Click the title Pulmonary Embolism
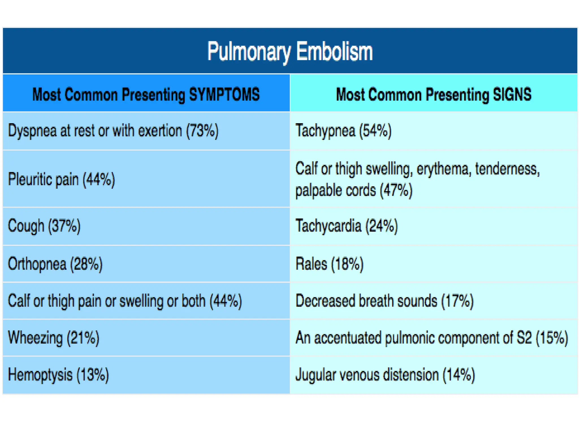coord(290,51)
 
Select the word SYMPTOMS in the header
coord(224,94)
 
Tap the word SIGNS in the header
coord(512,94)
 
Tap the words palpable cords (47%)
coord(354,190)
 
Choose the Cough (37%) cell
coord(44,226)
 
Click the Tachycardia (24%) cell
coord(347,226)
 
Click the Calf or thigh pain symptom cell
coord(125,301)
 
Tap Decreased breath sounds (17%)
coord(384,301)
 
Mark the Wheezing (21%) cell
coord(54,338)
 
